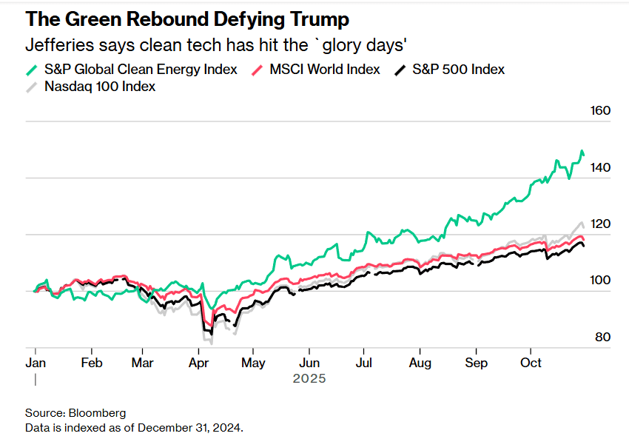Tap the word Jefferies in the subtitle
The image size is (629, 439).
[x=55, y=44]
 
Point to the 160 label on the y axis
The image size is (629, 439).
[x=600, y=111]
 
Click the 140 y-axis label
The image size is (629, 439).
[x=600, y=168]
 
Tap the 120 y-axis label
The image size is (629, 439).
[x=600, y=224]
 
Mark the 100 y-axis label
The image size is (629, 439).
[x=600, y=281]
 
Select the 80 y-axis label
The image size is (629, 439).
[x=603, y=338]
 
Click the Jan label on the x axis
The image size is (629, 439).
[x=35, y=363]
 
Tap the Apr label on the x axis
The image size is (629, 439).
[x=198, y=363]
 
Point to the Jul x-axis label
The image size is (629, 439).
[x=363, y=363]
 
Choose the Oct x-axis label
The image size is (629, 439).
[x=531, y=363]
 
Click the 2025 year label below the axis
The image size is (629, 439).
[x=309, y=378]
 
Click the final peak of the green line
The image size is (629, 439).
[x=582, y=151]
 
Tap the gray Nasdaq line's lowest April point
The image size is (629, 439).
[x=211, y=344]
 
